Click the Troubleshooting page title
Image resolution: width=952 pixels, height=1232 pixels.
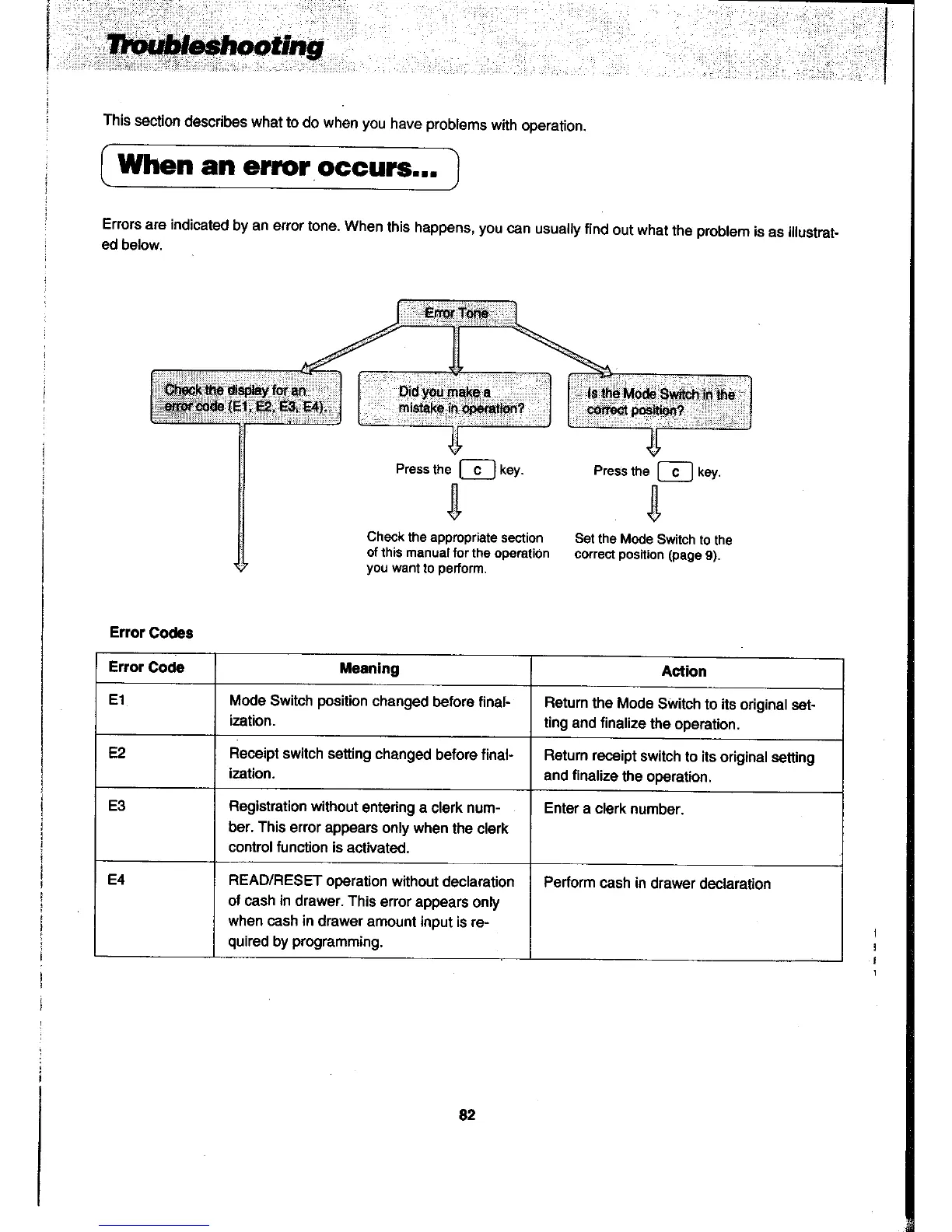tap(215, 47)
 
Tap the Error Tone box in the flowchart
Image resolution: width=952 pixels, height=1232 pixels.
tap(457, 313)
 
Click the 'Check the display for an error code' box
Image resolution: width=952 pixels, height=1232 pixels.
tap(245, 397)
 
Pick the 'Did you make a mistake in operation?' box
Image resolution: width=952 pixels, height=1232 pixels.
tap(454, 399)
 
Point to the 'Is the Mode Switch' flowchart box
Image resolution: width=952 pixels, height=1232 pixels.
tap(660, 401)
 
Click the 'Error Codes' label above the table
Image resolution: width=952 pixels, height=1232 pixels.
tap(151, 632)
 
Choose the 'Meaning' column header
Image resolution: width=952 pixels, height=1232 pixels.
tap(369, 669)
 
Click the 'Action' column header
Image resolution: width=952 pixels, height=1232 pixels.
tap(684, 671)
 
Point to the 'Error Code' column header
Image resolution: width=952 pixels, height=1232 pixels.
tap(146, 667)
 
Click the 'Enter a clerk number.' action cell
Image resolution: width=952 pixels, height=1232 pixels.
tap(614, 809)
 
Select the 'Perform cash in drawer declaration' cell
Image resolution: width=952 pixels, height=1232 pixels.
tap(657, 884)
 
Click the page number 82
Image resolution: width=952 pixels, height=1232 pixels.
tap(467, 1115)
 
